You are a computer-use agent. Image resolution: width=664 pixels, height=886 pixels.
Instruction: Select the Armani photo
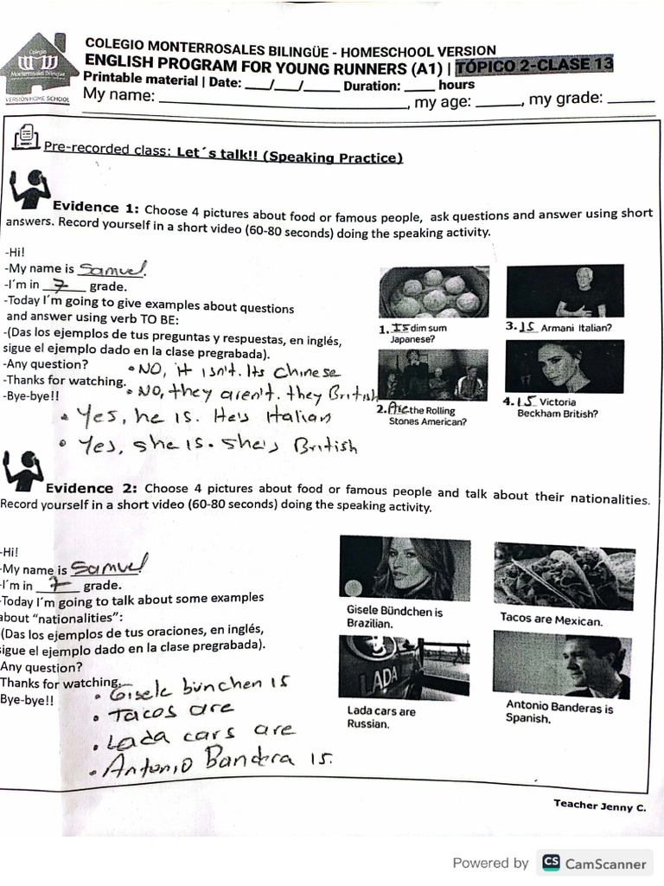[565, 291]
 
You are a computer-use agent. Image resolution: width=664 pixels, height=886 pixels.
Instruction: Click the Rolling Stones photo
[432, 374]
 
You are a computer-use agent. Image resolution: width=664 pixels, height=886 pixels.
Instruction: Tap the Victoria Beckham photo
[564, 366]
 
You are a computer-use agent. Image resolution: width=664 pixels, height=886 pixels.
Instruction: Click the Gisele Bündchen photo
[405, 568]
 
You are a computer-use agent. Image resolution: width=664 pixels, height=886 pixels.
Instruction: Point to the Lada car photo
[404, 667]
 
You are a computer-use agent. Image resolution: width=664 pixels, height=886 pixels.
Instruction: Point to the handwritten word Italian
[297, 418]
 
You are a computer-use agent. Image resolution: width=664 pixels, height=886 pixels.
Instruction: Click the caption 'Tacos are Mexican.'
[551, 620]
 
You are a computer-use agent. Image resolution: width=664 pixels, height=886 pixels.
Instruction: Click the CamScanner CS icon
[550, 863]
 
